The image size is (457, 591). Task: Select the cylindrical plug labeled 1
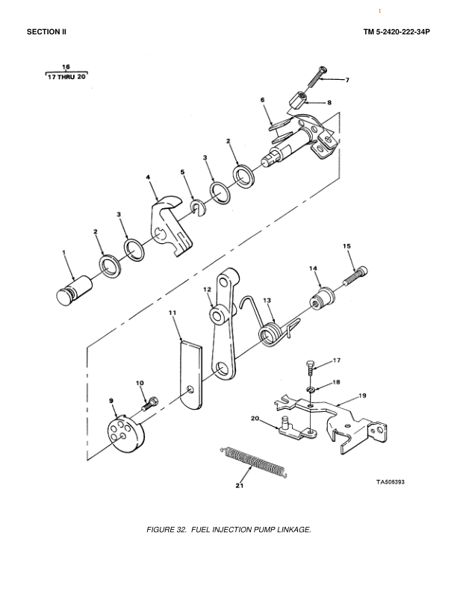click(x=74, y=290)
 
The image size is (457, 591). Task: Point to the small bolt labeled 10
click(x=150, y=404)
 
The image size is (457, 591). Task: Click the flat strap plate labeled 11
click(x=190, y=375)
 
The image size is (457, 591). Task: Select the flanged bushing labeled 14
click(x=322, y=298)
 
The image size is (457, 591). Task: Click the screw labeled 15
click(x=355, y=276)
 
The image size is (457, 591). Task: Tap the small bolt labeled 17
click(x=310, y=367)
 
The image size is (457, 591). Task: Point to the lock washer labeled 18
click(x=311, y=390)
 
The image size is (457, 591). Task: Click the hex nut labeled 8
click(x=298, y=99)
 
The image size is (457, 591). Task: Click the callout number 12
click(x=207, y=290)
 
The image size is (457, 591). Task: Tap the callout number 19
click(x=361, y=395)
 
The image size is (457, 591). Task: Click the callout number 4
click(x=148, y=177)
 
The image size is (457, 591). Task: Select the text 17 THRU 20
click(x=66, y=77)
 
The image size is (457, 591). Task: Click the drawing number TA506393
click(x=391, y=482)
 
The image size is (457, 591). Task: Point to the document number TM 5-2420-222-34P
click(x=397, y=32)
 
